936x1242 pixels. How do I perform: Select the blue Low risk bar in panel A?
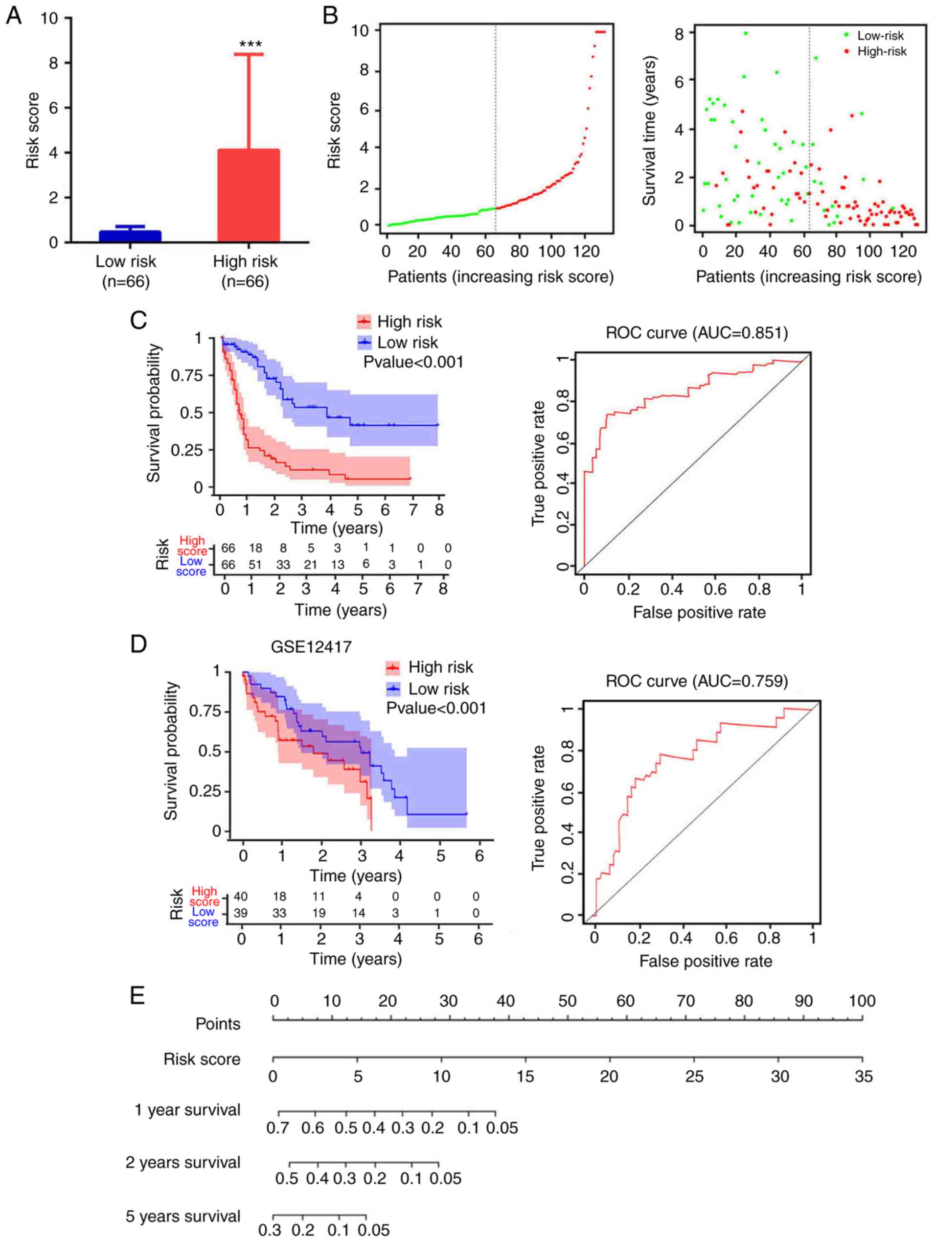pos(130,236)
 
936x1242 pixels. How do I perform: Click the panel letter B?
pos(331,16)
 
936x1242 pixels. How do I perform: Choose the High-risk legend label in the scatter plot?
pos(882,52)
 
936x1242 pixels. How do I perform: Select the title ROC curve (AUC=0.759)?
pos(696,681)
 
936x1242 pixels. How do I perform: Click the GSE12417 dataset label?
pos(311,647)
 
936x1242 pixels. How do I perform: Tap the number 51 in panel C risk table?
pos(255,564)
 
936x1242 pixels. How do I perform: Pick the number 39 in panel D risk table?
pos(240,913)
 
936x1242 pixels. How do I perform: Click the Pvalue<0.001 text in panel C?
pos(413,362)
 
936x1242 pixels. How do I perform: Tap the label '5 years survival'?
pos(183,1216)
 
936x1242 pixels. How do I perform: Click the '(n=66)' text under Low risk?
pos(126,281)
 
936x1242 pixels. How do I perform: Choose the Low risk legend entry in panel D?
pos(438,689)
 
